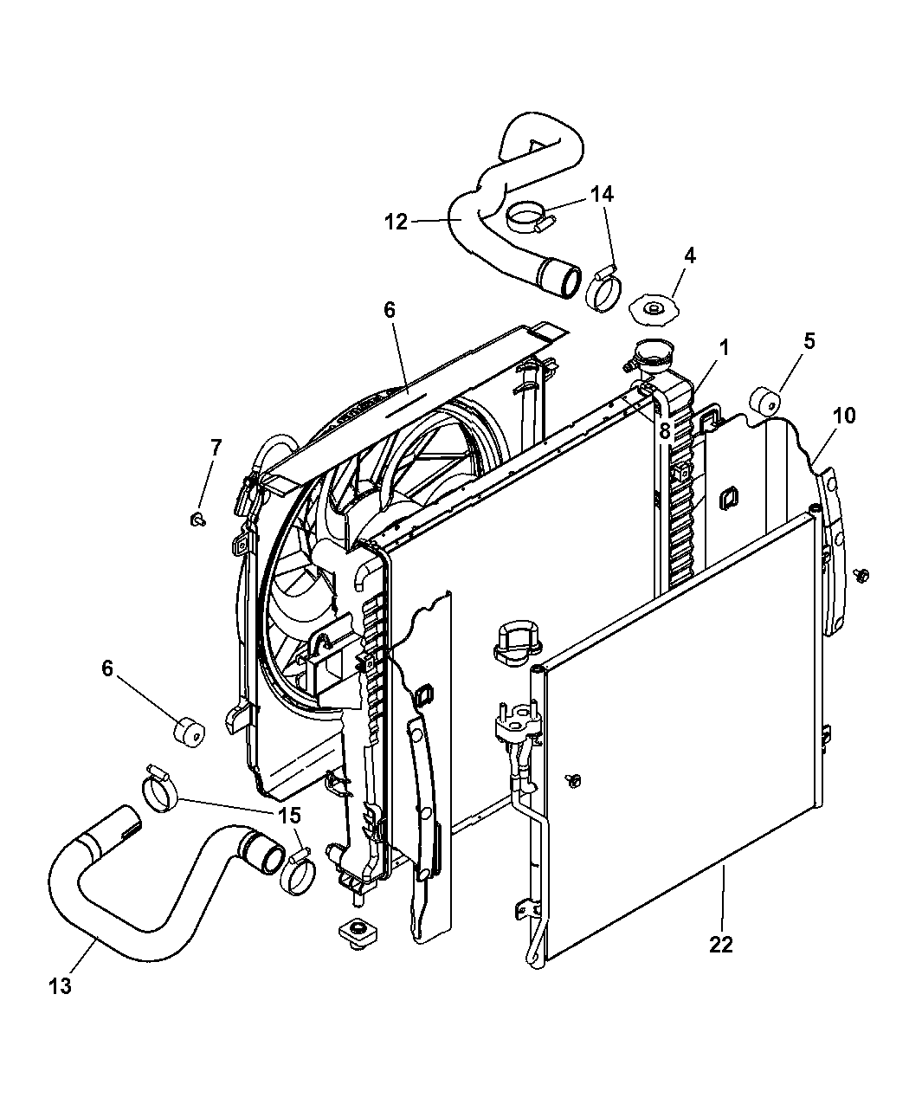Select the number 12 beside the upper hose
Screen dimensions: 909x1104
pyautogui.click(x=396, y=222)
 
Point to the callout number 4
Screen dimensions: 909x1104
pyautogui.click(x=690, y=256)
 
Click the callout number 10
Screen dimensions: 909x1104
pyautogui.click(x=809, y=341)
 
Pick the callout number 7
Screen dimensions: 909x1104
pyautogui.click(x=216, y=448)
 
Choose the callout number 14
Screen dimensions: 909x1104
pyautogui.click(x=602, y=195)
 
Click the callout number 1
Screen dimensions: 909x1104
pyautogui.click(x=724, y=348)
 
